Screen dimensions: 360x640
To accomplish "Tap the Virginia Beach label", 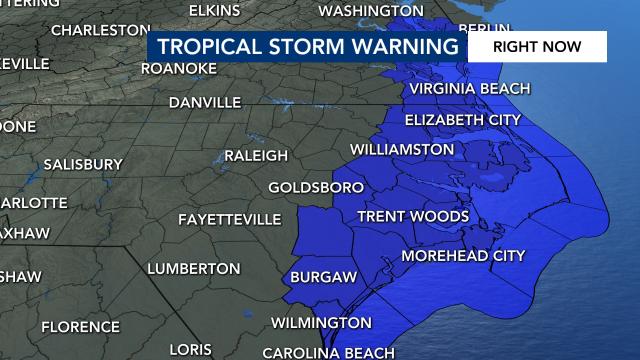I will (469, 88).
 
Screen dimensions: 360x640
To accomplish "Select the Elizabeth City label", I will (463, 120).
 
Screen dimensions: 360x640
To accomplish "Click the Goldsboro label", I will (315, 187).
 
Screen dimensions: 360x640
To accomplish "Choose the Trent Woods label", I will (413, 216).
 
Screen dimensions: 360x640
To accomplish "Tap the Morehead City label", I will (463, 256).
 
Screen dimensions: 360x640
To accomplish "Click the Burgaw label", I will (319, 276).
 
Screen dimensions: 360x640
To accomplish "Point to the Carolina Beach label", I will (329, 353).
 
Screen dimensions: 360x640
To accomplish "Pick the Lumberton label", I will (194, 268).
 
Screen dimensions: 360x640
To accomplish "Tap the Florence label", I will (80, 326).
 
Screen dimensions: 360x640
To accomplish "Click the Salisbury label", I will (83, 164).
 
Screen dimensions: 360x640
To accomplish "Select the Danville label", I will (205, 102).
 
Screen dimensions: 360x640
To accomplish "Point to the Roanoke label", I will (179, 68).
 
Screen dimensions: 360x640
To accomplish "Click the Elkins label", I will (214, 10).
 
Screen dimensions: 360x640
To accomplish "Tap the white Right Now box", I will (537, 46).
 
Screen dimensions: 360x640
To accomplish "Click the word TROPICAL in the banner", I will (214, 47).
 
